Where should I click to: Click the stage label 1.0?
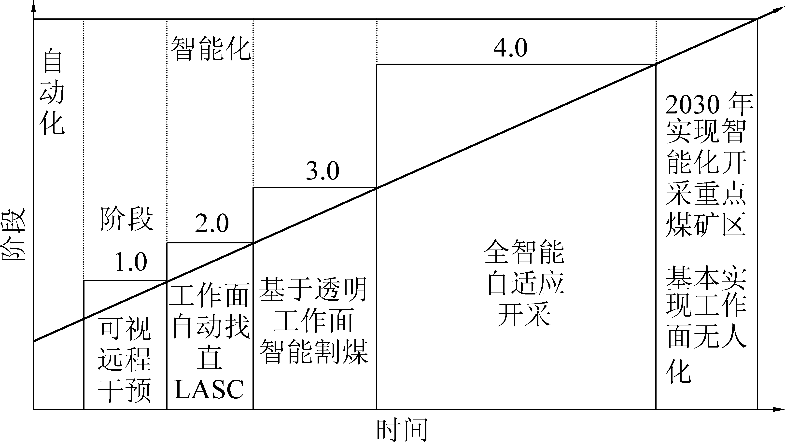[x=131, y=262]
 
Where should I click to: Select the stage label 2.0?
[x=212, y=223]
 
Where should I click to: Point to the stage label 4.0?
[x=511, y=48]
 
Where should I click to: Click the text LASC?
[x=209, y=389]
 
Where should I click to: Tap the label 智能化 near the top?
[x=210, y=48]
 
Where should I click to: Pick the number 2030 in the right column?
[x=693, y=105]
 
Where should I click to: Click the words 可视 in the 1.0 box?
[x=125, y=329]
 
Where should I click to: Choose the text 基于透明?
[x=313, y=290]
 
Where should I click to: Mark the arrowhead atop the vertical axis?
[x=34, y=7]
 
